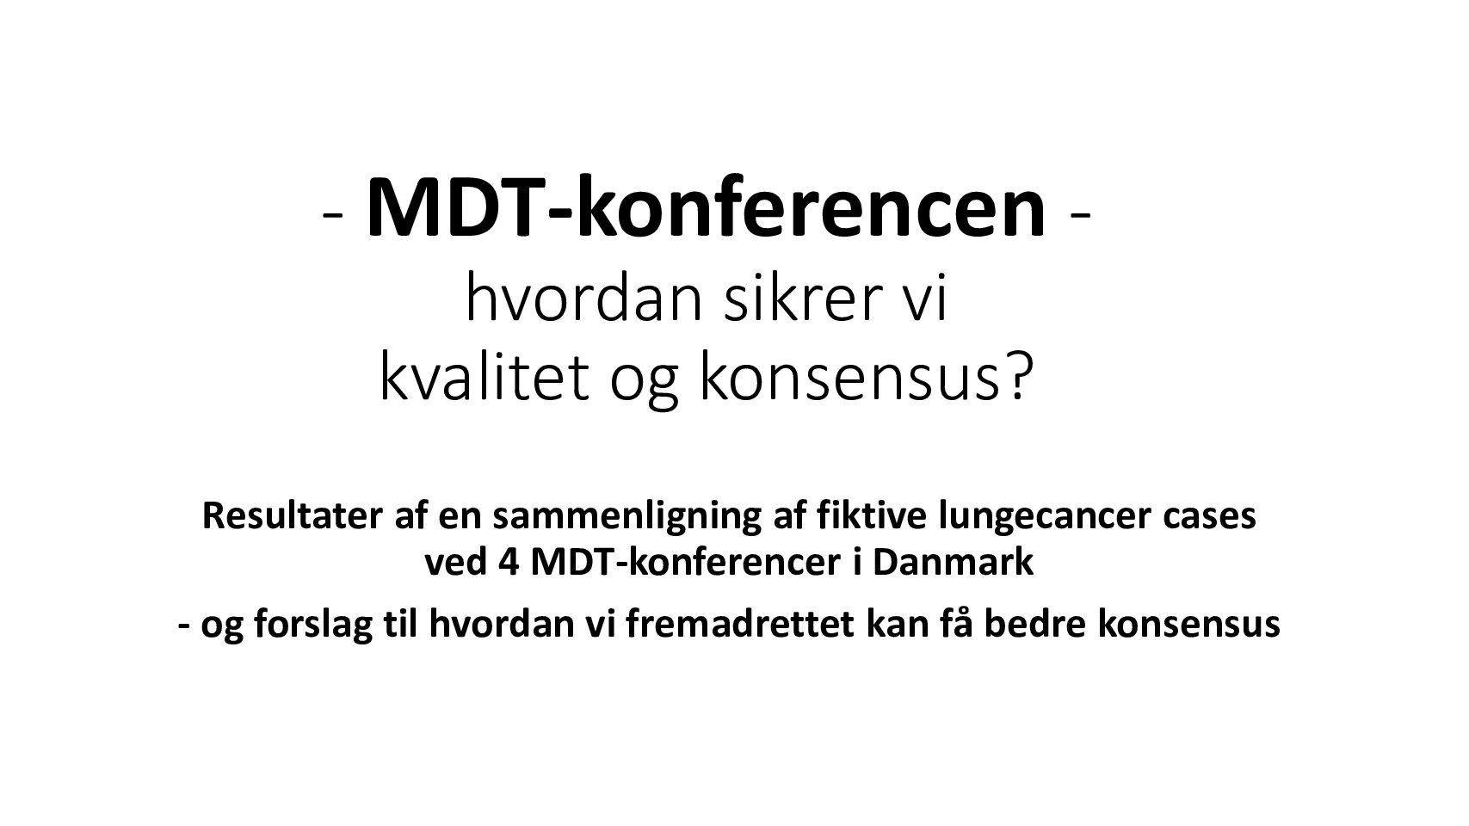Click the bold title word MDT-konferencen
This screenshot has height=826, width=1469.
coord(706,207)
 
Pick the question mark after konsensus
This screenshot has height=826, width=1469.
coord(1015,379)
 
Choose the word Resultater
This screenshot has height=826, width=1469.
coord(293,515)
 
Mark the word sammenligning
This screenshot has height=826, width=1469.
coord(627,519)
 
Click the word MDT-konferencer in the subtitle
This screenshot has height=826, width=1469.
coord(685,562)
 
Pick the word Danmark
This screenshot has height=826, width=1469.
coord(953,562)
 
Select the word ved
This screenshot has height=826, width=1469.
coord(456,562)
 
